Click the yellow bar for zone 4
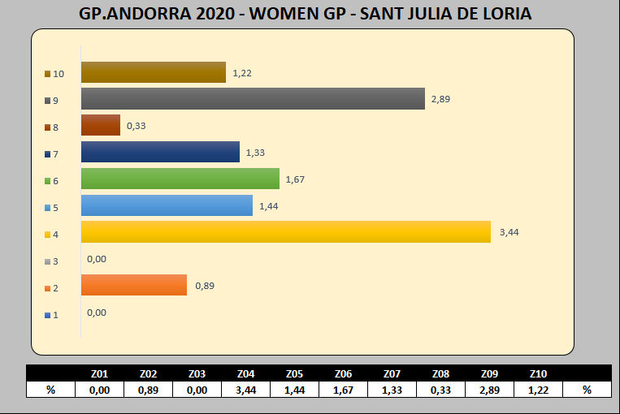coord(285,231)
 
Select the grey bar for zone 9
coord(253,99)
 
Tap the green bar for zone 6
coord(180,179)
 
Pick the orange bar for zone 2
coord(133,285)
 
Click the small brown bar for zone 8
coord(100,126)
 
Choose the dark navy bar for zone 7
coord(160,152)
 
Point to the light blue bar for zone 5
coord(167,205)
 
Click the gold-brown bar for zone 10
coord(153,72)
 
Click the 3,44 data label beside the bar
coord(509,232)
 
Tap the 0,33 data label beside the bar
coord(137,126)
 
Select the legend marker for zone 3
coord(48,261)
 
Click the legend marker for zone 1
coord(48,315)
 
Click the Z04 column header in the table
coord(245,373)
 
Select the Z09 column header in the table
coord(489,373)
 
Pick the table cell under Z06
coord(343,390)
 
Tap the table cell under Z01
coord(99,390)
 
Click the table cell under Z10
coord(538,390)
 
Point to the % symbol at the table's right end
coord(587,390)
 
